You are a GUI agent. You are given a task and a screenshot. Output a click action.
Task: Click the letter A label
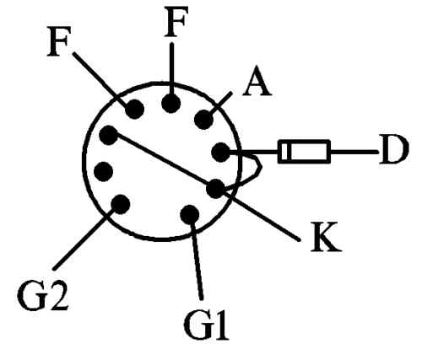[257, 82]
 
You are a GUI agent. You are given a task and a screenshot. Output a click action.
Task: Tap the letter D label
[393, 149]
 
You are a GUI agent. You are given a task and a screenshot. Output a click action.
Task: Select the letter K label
[326, 237]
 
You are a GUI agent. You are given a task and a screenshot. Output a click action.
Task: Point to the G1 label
[206, 325]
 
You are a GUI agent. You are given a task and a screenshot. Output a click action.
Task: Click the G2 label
[42, 295]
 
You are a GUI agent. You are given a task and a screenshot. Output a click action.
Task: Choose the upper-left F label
[58, 41]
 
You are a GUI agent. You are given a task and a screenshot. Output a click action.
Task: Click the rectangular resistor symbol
[304, 151]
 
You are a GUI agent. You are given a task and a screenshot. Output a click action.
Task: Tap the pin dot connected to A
[203, 120]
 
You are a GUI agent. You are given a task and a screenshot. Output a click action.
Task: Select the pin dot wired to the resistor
[220, 153]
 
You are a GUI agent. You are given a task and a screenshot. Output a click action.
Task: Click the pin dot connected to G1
[190, 214]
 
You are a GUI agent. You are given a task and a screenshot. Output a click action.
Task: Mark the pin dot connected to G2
[121, 204]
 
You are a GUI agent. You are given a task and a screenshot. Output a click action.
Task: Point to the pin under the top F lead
[170, 104]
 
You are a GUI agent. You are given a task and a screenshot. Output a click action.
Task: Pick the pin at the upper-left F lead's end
[134, 109]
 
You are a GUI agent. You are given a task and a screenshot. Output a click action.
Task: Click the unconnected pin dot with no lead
[103, 172]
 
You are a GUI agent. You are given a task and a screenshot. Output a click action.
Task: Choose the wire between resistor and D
[354, 152]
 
